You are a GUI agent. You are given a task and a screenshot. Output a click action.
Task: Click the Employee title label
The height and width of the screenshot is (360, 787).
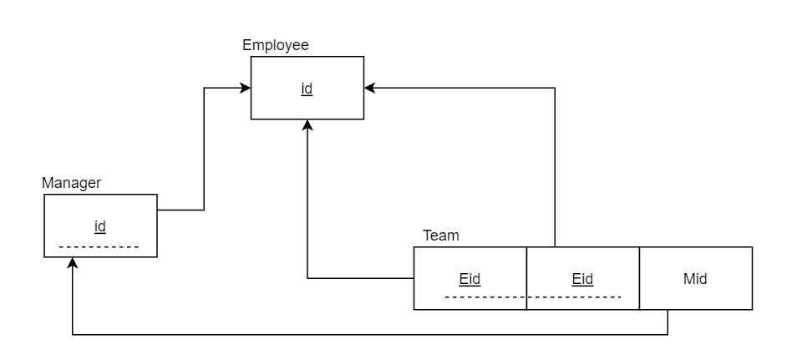275,45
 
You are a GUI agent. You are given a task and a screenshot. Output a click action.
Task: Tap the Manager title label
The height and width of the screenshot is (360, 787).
71,183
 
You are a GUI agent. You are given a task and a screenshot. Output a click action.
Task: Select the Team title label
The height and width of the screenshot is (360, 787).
440,236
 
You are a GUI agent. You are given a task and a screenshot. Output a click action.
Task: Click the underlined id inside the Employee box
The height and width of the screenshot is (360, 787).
307,88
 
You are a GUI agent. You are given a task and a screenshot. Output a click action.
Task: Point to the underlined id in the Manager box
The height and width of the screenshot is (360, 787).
99,226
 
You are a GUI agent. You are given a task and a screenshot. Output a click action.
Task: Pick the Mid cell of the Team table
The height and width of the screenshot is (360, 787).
695,279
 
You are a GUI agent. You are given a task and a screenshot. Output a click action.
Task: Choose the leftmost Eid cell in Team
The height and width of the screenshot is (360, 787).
470,279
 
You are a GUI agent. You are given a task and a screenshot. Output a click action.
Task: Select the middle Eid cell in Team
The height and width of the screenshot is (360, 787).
582,279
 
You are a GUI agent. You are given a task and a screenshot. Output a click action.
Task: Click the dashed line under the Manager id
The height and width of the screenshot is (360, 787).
99,247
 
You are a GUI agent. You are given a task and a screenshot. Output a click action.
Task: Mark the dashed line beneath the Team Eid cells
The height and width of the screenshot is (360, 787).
532,297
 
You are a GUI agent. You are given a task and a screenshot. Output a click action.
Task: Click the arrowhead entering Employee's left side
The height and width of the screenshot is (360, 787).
246,88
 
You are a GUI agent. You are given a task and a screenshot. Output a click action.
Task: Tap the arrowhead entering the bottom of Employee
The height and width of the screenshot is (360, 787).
307,125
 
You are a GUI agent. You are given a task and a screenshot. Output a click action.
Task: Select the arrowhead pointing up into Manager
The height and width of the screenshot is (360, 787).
73,263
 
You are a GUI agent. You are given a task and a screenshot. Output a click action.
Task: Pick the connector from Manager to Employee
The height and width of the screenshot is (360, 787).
204,150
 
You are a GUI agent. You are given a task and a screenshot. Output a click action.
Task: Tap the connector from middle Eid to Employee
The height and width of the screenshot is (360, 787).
555,167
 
